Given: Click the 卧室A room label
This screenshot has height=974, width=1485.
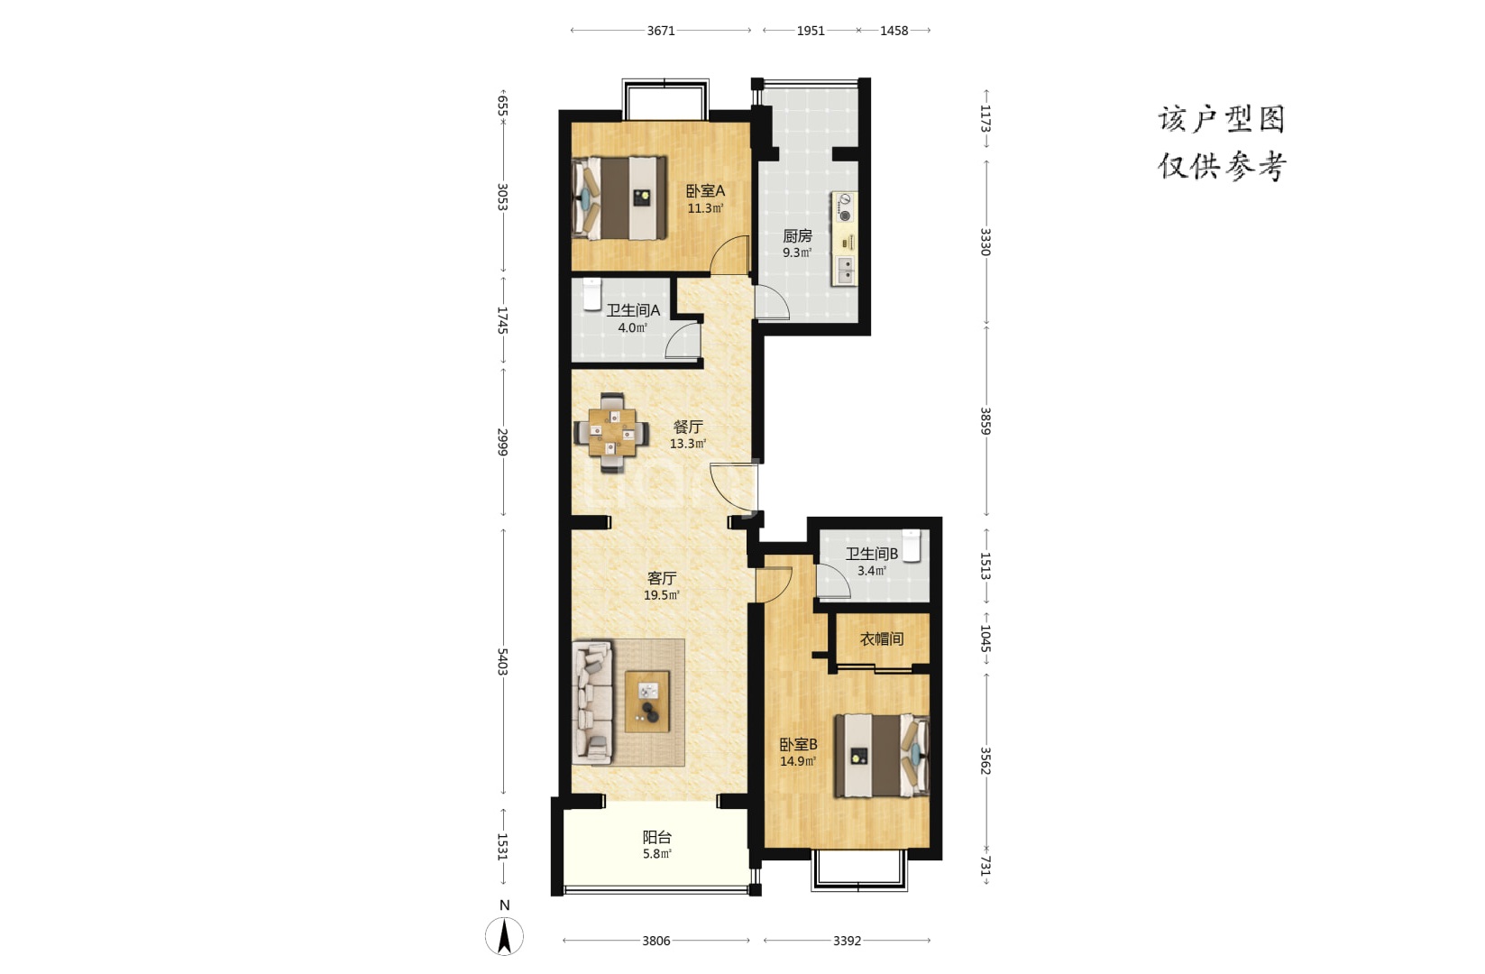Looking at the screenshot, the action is [x=705, y=191].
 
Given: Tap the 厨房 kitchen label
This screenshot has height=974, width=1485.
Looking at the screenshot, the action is [x=797, y=236].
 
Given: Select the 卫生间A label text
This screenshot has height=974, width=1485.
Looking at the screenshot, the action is [x=633, y=310].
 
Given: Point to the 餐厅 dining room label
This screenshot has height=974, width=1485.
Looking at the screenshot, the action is [x=687, y=427].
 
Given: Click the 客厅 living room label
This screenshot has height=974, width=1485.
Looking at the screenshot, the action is [x=662, y=578].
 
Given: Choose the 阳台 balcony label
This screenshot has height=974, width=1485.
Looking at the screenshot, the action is [x=657, y=838].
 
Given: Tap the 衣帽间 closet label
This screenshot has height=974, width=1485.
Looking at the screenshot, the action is [x=881, y=639].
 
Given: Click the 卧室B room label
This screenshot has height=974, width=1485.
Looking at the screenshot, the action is [x=798, y=745].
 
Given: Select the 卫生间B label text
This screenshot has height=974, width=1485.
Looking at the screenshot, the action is [x=871, y=554].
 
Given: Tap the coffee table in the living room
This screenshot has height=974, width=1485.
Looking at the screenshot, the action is [x=647, y=702].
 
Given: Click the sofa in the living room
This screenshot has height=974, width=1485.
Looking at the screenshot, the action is [x=592, y=703].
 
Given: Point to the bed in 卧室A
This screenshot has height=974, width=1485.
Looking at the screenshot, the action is [x=619, y=198].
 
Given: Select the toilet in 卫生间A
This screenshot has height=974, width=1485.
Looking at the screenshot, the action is [x=592, y=294].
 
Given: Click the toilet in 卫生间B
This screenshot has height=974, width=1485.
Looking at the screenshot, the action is [x=912, y=546].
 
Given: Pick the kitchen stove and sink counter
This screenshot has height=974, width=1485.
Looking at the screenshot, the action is [x=844, y=239].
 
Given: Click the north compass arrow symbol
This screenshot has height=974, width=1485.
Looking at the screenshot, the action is [x=505, y=936].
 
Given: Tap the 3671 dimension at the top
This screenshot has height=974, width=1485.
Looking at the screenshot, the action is [x=661, y=31].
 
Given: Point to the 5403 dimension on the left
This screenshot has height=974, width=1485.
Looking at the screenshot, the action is [x=502, y=662].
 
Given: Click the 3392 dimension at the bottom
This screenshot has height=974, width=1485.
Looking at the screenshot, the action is [x=848, y=941].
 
